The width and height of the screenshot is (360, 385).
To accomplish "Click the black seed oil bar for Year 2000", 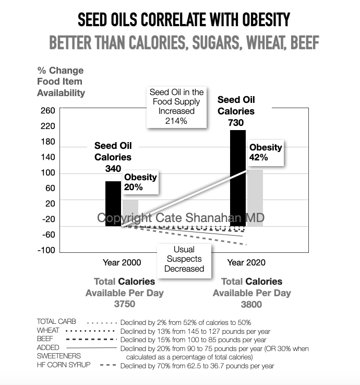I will pyautogui.click(x=113, y=203).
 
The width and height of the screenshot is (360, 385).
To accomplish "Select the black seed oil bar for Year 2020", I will pyautogui.click(x=238, y=178).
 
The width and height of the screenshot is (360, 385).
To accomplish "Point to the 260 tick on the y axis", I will pyautogui.click(x=47, y=111).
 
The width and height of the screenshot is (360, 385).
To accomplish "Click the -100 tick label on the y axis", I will pyautogui.click(x=46, y=250).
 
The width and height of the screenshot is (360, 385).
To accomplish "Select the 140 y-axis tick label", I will pyautogui.click(x=47, y=157).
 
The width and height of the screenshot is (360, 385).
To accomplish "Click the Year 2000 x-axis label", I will pyautogui.click(x=122, y=262).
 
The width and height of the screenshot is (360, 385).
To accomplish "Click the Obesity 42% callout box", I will pyautogui.click(x=266, y=152).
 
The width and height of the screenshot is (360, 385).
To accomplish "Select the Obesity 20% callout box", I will pyautogui.click(x=140, y=182).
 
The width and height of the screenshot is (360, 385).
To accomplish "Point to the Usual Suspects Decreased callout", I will pyautogui.click(x=184, y=259).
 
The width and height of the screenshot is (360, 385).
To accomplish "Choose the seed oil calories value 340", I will pyautogui.click(x=113, y=168).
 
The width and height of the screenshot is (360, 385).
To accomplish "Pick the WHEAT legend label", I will pyautogui.click(x=48, y=331).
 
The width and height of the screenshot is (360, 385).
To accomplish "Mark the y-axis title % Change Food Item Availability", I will pyautogui.click(x=61, y=81).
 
